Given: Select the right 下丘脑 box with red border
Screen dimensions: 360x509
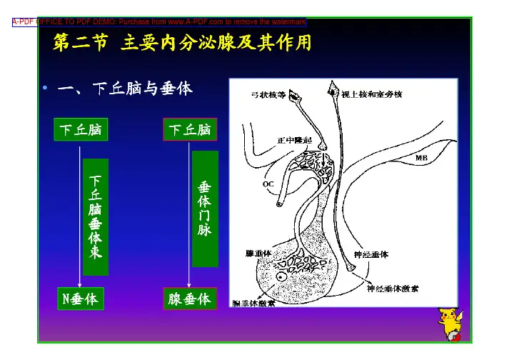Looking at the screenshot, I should [x=189, y=130].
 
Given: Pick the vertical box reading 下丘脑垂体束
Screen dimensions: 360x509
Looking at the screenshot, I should [x=96, y=217].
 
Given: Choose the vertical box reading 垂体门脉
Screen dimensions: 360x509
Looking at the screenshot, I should [x=204, y=208].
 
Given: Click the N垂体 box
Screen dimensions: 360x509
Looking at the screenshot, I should [x=80, y=299].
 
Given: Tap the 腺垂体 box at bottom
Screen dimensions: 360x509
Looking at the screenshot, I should [x=189, y=299].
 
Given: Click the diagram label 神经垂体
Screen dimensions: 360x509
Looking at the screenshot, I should [x=371, y=254].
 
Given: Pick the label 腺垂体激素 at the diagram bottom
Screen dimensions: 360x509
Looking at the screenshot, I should [x=255, y=303].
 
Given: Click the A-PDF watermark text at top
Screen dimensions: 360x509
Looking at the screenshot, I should [x=159, y=22].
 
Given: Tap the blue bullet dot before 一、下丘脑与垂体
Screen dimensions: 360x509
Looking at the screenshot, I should [x=44, y=89].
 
